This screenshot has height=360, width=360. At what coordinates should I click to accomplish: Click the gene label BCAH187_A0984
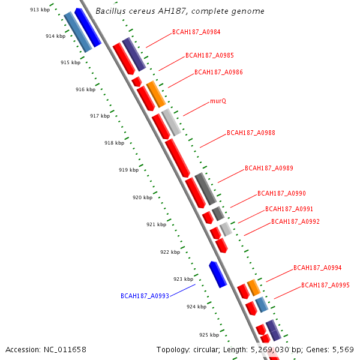[196, 32]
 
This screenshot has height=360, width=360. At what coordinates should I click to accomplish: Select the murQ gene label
[218, 101]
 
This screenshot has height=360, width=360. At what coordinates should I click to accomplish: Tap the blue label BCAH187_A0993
[145, 296]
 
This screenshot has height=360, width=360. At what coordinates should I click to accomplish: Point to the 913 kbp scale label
[40, 10]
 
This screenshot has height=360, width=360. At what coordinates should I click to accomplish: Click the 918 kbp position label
[114, 143]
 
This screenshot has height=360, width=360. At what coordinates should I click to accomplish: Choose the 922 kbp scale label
[170, 252]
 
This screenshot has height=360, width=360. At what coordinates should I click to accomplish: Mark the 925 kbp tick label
[209, 335]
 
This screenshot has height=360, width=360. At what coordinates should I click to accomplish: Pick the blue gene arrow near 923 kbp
[217, 274]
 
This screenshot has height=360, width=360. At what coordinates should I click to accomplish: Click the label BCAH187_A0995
[325, 286]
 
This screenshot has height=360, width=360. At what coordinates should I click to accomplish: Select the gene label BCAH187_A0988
[251, 133]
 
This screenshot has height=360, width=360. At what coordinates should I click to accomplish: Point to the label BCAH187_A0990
[281, 193]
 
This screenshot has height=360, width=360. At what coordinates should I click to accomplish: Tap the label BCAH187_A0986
[218, 73]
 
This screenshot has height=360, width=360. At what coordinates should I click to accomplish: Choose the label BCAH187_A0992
[295, 221]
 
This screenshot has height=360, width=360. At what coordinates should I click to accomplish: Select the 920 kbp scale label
[142, 197]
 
